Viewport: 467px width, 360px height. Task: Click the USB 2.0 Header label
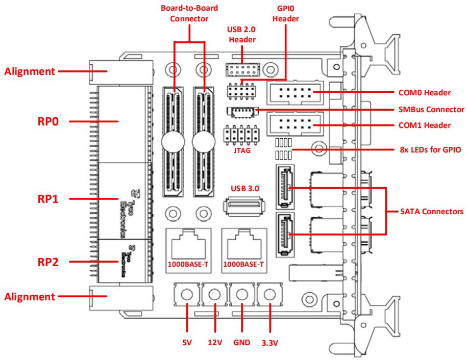pyautogui.click(x=241, y=35)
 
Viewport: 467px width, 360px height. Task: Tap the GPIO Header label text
pyautogui.click(x=286, y=14)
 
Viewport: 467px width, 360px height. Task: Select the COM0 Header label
pyautogui.click(x=425, y=92)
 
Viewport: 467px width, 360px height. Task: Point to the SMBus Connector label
pyautogui.click(x=431, y=110)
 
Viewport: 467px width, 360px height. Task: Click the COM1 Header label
pyautogui.click(x=425, y=125)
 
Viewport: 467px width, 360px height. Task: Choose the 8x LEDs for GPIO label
pyautogui.click(x=430, y=149)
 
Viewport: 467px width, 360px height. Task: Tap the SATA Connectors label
pyautogui.click(x=432, y=212)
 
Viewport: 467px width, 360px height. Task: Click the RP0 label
pyautogui.click(x=48, y=121)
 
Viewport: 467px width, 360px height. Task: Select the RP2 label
pyautogui.click(x=48, y=262)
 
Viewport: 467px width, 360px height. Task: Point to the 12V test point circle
pyautogui.click(x=214, y=294)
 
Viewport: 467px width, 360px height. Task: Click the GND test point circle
pyautogui.click(x=242, y=294)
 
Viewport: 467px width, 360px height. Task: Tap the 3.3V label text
pyautogui.click(x=270, y=343)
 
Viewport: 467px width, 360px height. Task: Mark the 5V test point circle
pyautogui.click(x=187, y=294)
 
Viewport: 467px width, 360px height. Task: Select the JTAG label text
pyautogui.click(x=242, y=150)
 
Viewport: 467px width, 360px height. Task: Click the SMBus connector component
pyautogui.click(x=242, y=112)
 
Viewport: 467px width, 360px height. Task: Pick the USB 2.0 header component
pyautogui.click(x=243, y=70)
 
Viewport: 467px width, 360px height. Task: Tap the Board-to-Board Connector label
pyautogui.click(x=189, y=13)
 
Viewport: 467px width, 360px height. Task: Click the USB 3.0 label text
pyautogui.click(x=245, y=189)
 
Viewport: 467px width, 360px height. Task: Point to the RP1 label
pyautogui.click(x=48, y=199)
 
